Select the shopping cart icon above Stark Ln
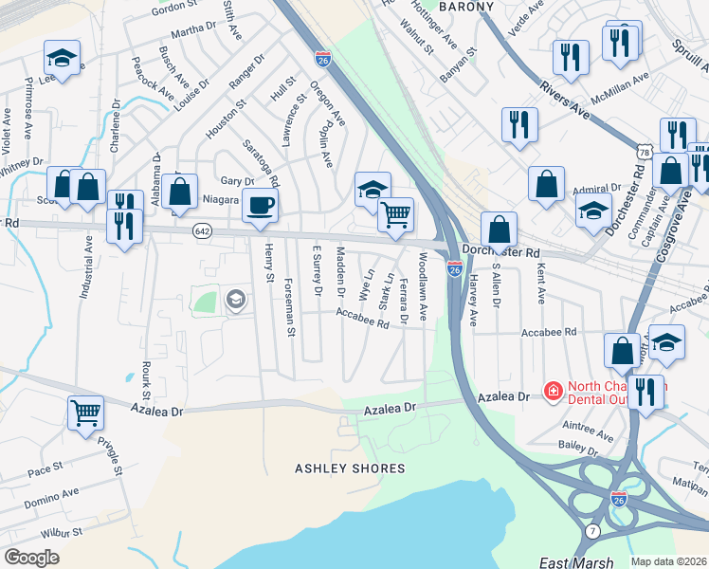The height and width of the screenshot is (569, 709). (x=395, y=214)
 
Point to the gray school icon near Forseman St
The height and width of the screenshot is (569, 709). (x=235, y=301)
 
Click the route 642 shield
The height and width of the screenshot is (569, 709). (x=203, y=230)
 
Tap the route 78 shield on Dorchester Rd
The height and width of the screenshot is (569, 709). (x=645, y=152)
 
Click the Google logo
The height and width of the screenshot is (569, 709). (x=31, y=558)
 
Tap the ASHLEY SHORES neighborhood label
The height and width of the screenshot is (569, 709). (x=350, y=468)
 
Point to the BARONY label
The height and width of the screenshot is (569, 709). (x=466, y=7)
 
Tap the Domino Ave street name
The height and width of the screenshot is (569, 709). (x=45, y=499)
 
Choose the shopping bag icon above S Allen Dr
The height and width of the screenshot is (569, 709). (x=499, y=230)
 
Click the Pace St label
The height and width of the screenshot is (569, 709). (x=45, y=468)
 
